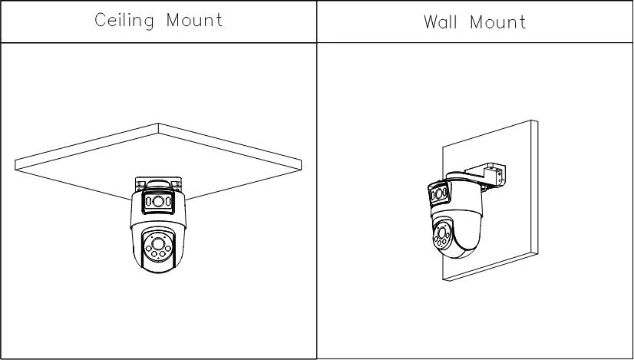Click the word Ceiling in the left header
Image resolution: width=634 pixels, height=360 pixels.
(124, 20)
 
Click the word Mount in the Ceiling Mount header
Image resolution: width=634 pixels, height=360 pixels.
(194, 20)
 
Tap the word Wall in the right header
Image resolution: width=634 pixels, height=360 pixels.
(441, 21)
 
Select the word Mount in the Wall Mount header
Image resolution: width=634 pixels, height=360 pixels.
(497, 21)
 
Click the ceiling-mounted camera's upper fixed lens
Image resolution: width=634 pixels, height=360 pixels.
(158, 201)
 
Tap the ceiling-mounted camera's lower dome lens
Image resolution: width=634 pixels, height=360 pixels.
(158, 243)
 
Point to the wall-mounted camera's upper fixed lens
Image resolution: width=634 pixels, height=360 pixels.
(439, 194)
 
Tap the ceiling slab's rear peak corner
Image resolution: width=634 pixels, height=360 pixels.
(158, 124)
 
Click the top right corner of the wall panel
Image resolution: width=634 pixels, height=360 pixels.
(537, 121)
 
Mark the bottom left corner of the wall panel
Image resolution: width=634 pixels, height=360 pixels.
(443, 280)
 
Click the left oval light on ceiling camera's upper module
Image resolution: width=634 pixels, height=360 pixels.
(148, 201)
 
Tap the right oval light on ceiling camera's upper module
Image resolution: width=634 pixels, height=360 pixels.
(168, 201)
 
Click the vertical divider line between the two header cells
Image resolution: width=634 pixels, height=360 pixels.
(316, 21)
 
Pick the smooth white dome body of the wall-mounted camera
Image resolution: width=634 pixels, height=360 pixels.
(465, 226)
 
